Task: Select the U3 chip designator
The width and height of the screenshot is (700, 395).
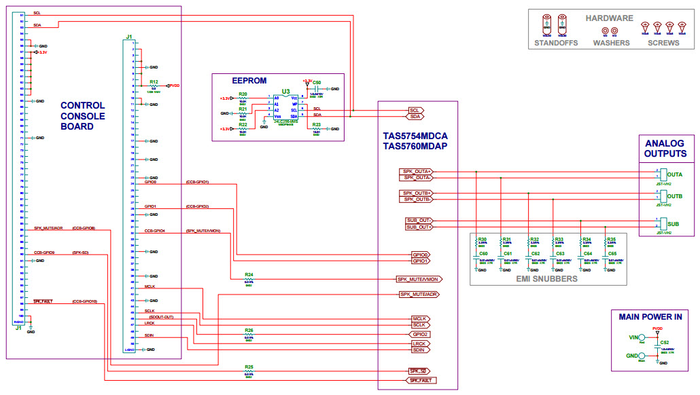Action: point(285,90)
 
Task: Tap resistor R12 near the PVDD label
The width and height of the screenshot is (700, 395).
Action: point(154,86)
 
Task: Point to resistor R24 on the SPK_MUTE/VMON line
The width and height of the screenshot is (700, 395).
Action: point(249,280)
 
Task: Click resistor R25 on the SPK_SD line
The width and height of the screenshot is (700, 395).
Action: point(249,371)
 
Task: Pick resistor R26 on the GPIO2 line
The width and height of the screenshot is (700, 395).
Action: point(249,335)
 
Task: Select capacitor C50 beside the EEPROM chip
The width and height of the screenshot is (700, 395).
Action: point(317,87)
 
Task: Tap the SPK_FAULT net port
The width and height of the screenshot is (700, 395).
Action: point(421,381)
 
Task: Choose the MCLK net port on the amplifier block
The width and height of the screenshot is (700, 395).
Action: point(419,318)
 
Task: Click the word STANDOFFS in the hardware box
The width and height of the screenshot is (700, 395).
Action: point(555,43)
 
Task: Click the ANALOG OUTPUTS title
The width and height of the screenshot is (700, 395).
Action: point(665,148)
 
